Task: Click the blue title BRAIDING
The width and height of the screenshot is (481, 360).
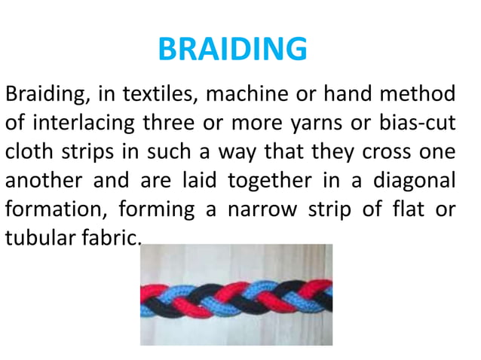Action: click(233, 50)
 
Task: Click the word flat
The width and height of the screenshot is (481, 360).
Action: click(405, 209)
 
